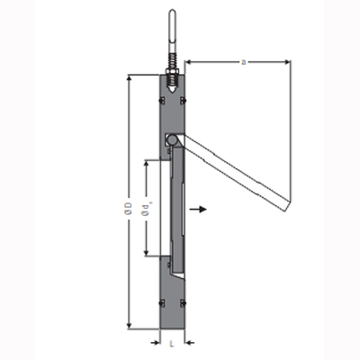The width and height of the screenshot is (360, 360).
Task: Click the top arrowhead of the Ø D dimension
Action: pyautogui.click(x=132, y=78)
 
